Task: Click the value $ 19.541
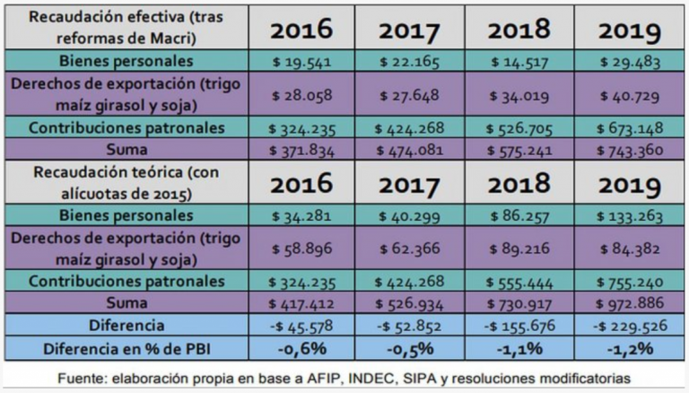pos(298,62)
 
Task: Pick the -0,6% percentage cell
pos(298,347)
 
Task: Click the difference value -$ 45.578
pos(298,325)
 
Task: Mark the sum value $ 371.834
pos(298,149)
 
